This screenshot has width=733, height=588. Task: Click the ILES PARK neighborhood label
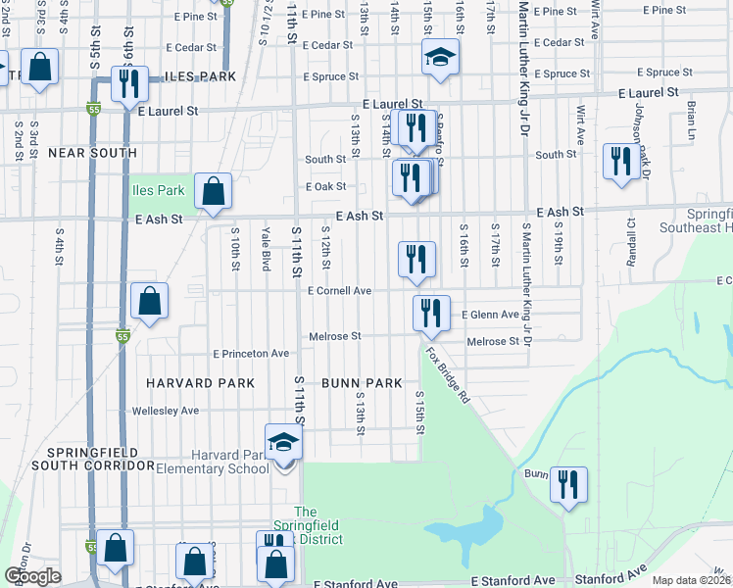[201, 75]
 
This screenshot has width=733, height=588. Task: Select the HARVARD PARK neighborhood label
[200, 382]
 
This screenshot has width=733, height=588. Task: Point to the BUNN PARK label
[362, 382]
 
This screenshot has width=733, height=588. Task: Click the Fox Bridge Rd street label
[448, 372]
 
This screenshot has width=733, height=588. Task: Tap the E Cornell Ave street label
[339, 291]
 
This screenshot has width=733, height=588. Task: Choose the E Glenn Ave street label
[490, 315]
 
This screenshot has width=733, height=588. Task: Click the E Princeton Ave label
[251, 353]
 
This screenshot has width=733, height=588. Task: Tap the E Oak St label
[327, 186]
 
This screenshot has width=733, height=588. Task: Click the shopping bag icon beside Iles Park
[213, 190]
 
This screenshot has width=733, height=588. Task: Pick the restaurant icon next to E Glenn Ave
[431, 313]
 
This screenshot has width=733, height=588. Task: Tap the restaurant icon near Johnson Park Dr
[620, 160]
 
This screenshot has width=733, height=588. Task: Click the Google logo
[33, 576]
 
